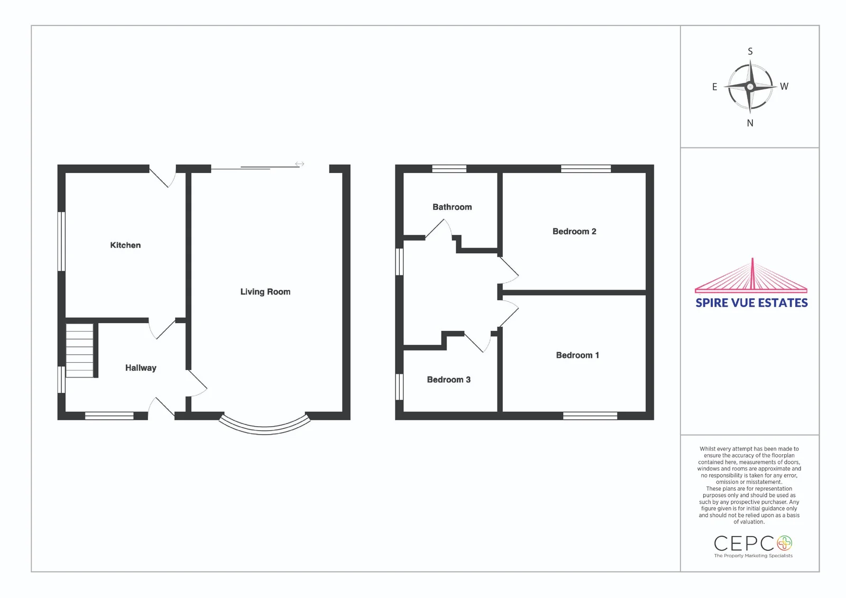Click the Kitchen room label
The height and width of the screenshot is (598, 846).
coord(125,245)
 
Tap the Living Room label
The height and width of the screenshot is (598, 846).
coord(265,292)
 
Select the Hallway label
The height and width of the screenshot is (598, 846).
coord(141,368)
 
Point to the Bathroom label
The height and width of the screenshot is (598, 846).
coord(452,207)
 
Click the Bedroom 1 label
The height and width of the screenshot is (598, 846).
coord(577,355)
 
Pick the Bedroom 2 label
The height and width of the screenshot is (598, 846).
coord(574,231)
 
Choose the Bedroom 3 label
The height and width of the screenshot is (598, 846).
coord(449,380)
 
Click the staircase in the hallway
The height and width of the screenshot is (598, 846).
coord(80,351)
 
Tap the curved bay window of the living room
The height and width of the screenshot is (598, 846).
coord(264,426)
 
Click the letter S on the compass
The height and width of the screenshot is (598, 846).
coord(750,51)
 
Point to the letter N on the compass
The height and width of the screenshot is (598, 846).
coord(750,123)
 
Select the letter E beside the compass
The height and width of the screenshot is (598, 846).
coord(714,87)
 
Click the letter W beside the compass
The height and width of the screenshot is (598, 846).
coord(784,87)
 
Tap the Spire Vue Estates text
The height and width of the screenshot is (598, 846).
coord(751,303)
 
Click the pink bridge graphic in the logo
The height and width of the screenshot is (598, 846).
coord(751,276)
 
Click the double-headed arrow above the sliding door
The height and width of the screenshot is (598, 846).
coord(299,164)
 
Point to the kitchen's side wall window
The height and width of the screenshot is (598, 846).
coord(61,242)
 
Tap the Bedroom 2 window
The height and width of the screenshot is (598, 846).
coord(586,169)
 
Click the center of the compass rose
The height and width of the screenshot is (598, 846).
coord(750,87)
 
